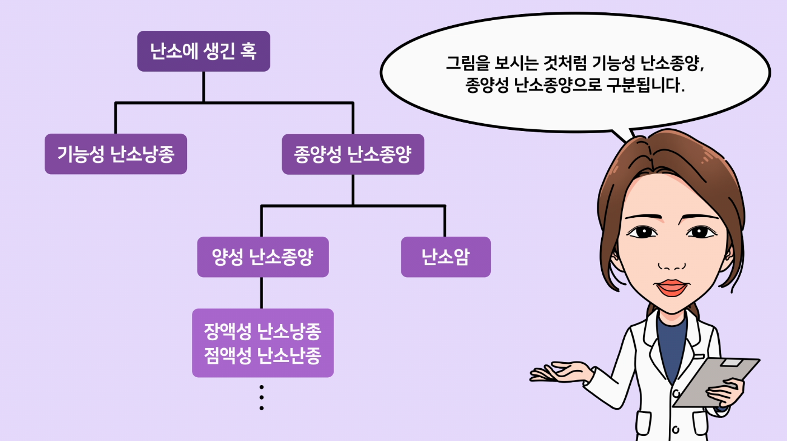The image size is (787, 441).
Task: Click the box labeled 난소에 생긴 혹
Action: [203, 51]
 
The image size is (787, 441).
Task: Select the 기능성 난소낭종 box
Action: [116, 154]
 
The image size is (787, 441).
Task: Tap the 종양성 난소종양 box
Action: [353, 154]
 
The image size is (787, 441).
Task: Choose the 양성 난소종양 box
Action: [263, 257]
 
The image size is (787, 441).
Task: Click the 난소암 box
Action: [446, 257]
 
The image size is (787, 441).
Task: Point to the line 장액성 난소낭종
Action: [263, 331]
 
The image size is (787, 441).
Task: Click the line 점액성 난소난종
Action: [263, 355]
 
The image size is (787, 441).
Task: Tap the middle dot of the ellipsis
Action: [261, 397]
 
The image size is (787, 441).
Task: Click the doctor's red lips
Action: [672, 288]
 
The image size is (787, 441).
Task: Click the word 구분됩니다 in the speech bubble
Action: [646, 85]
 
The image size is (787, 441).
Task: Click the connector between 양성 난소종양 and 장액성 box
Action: [261, 293]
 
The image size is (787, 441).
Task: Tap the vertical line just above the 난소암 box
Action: [445, 222]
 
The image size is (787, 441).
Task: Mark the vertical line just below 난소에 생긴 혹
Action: [203, 87]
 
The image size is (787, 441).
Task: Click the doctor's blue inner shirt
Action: [671, 348]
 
